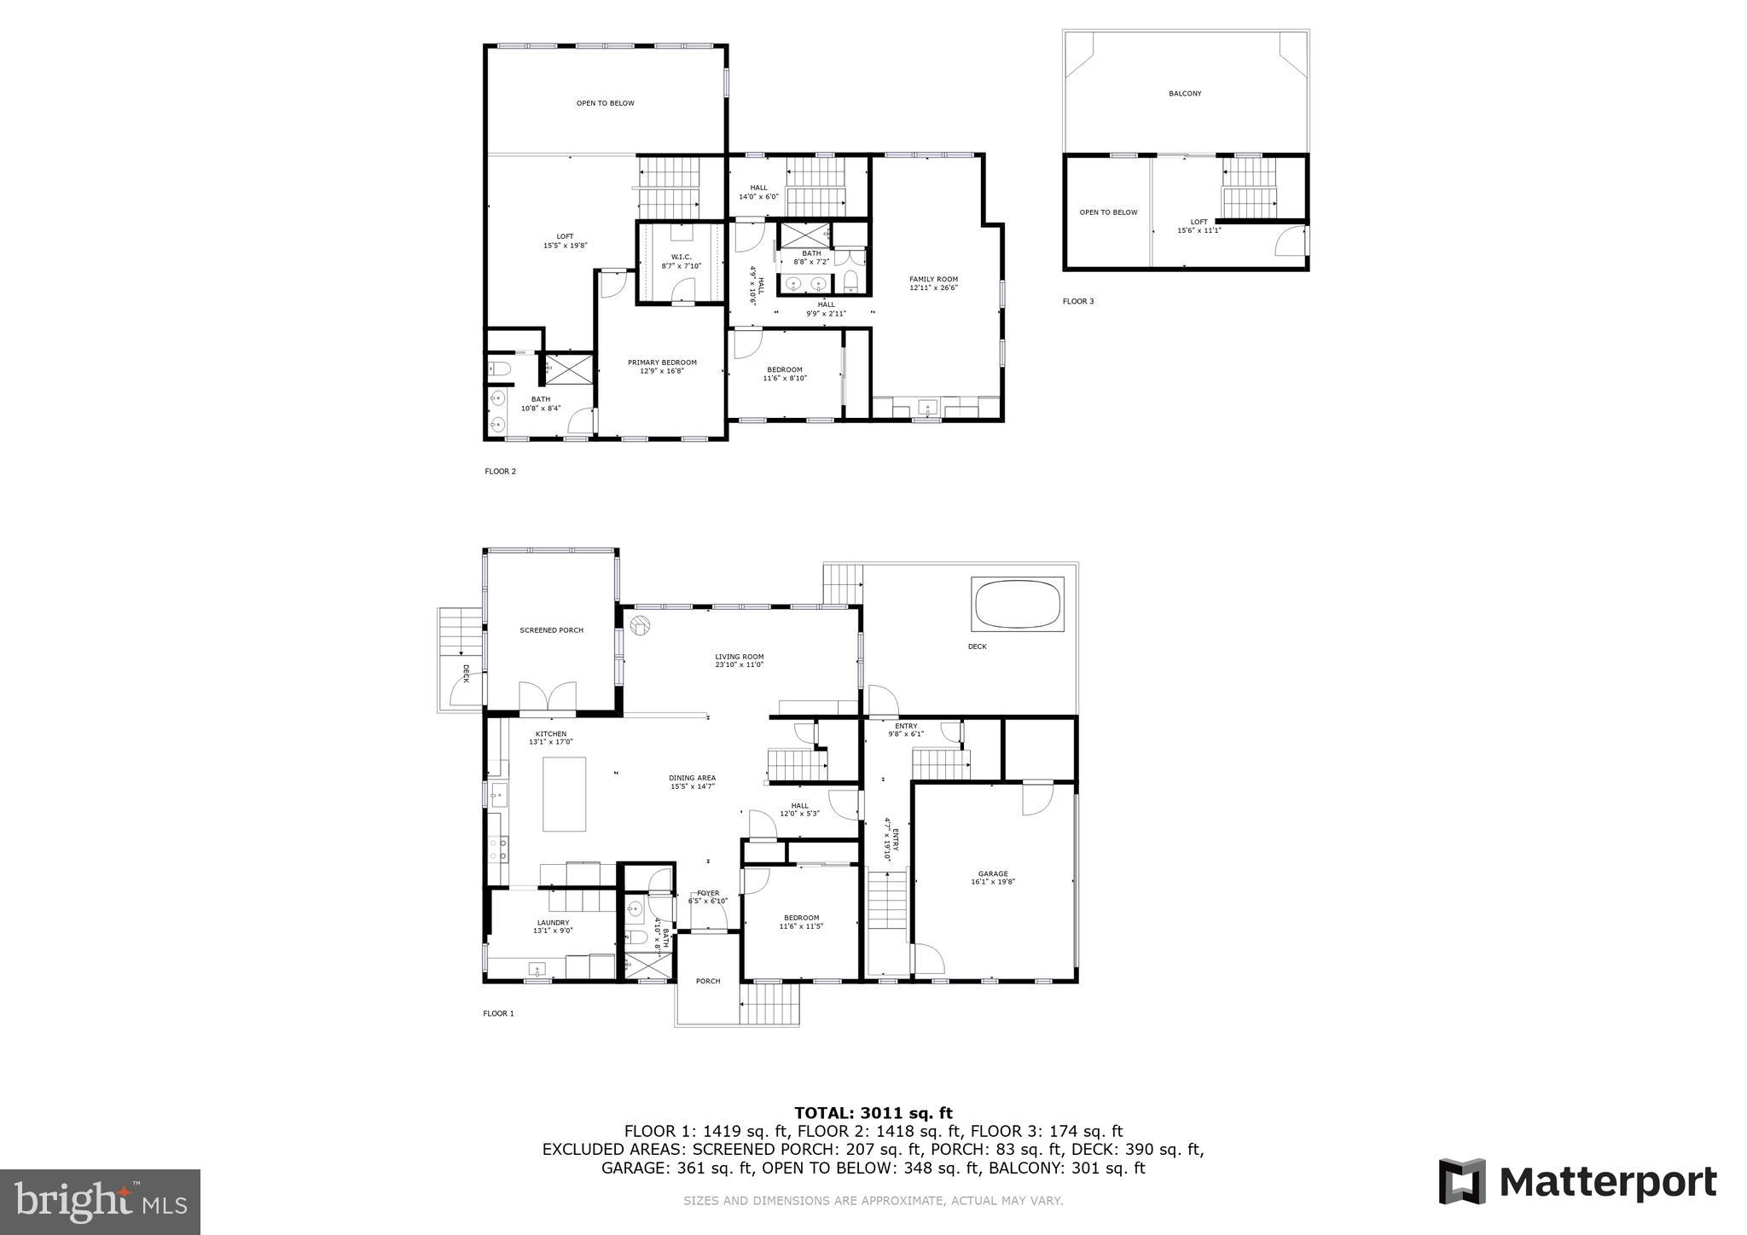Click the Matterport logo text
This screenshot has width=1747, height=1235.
pos(1607,1183)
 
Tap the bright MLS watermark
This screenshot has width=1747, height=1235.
pos(101,1201)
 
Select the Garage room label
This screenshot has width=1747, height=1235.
pos(993,877)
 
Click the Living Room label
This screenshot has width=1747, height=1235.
pos(739,660)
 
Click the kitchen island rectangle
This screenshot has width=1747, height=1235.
pos(565,794)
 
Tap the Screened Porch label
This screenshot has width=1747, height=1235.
pos(551,630)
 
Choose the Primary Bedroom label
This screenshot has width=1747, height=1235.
pos(662,366)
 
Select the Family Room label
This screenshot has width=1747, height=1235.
pos(933,282)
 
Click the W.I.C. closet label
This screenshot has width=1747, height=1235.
pos(681,261)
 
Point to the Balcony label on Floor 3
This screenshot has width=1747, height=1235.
pos(1185,94)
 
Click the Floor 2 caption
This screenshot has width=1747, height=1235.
pos(500,471)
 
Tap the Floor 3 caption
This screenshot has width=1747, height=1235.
pos(1077,301)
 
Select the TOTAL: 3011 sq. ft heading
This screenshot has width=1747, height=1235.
pos(873,1112)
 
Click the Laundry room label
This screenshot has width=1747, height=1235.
pos(553,925)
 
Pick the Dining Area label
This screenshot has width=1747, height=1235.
pos(692,781)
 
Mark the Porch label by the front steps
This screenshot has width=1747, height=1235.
pos(708,981)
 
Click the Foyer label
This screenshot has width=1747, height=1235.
pos(708,896)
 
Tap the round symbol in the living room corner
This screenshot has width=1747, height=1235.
pos(639,625)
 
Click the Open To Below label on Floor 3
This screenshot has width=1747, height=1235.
pos(1108,212)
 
